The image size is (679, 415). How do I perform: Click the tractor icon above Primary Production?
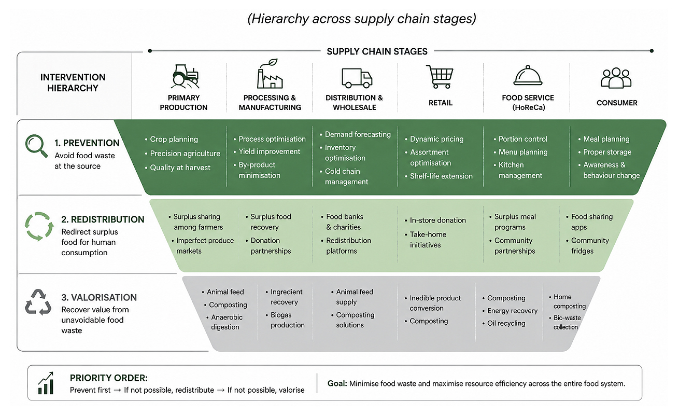[x=185, y=76]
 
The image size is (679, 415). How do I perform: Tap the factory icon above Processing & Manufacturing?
[x=270, y=74]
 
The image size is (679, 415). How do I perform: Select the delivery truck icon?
[x=357, y=78]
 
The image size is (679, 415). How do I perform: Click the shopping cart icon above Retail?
[x=440, y=77]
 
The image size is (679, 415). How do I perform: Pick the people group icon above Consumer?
[x=616, y=78]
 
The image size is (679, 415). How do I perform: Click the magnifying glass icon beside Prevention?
[x=36, y=146]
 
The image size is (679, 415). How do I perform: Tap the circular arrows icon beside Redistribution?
[x=39, y=227]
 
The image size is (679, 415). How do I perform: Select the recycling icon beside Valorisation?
[x=38, y=302]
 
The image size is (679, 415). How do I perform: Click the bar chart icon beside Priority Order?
[x=46, y=383]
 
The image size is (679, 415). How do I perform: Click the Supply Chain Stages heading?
[x=377, y=51]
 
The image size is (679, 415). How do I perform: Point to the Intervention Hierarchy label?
[x=73, y=82]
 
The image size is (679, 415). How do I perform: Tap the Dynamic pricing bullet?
[x=434, y=139]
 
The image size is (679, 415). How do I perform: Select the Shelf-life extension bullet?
[x=438, y=176]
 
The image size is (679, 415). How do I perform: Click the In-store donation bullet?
[x=435, y=220]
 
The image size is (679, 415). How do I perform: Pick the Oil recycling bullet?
[x=504, y=323]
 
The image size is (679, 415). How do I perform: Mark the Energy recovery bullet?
[x=510, y=311]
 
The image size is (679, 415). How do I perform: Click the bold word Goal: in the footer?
[x=337, y=383]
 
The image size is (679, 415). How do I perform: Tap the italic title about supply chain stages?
[x=362, y=19]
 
